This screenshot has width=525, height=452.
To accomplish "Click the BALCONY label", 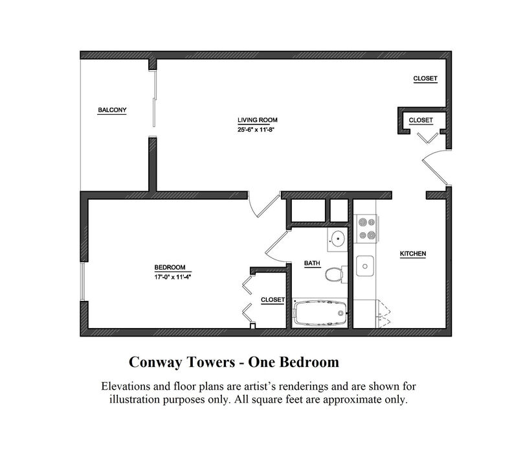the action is (112, 110).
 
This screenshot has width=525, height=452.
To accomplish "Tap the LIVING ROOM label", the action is (258, 120).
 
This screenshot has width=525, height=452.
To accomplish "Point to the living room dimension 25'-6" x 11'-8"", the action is (256, 130).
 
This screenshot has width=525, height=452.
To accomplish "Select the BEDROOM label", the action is (170, 267).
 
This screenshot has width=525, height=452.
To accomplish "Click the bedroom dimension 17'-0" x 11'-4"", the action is (172, 277).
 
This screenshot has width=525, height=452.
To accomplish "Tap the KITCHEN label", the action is (413, 254).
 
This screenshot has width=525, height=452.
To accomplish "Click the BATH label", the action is (312, 263).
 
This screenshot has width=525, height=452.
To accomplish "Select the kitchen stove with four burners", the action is (366, 229).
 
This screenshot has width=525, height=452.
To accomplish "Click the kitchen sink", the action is (365, 266).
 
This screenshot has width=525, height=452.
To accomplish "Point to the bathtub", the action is (320, 313).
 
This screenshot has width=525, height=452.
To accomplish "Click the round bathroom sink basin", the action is (338, 239).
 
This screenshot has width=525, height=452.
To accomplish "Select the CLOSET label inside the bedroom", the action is (273, 300).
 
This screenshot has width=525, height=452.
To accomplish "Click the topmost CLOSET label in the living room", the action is (425, 78).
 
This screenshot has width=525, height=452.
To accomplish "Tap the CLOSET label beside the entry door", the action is (421, 120).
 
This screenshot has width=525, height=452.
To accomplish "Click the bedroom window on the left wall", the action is (82, 281).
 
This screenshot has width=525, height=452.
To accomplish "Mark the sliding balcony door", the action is (154, 99).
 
